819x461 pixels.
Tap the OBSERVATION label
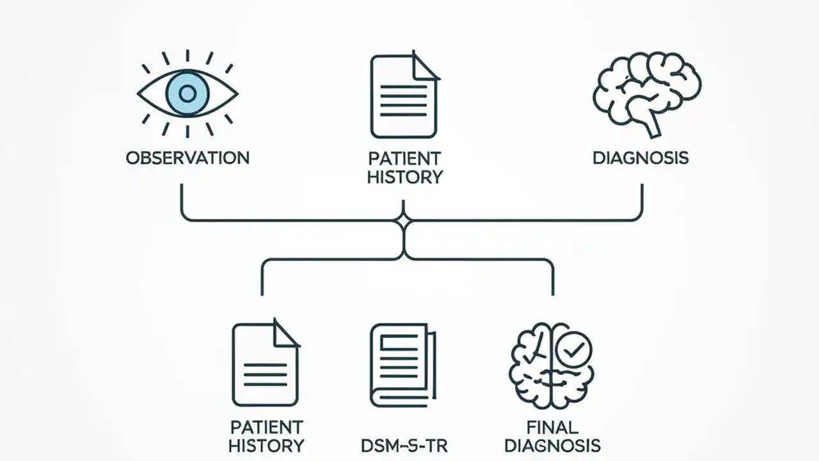point(187,158)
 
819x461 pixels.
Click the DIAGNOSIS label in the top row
point(640,158)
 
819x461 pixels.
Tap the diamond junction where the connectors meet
point(404,221)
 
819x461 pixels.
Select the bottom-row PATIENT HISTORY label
point(266,437)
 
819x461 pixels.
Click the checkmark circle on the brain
point(574,350)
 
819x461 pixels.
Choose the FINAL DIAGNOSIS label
point(552,437)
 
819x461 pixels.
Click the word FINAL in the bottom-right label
point(552,427)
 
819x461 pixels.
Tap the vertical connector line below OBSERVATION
point(182,200)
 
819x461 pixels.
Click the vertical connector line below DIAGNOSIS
point(641,200)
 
